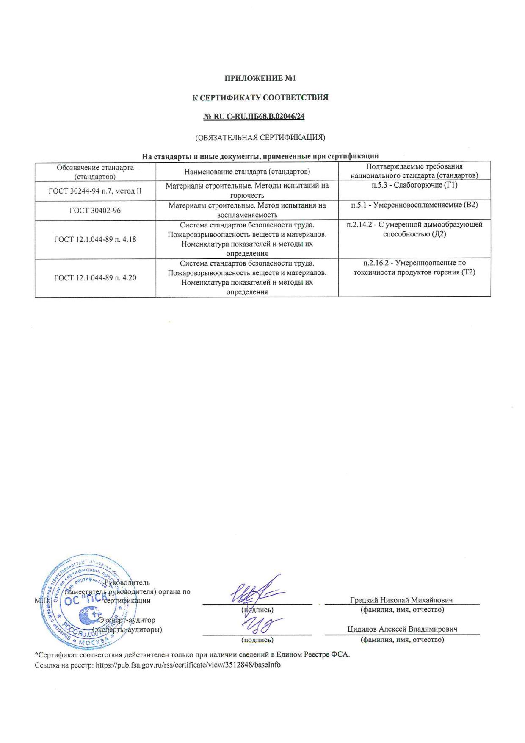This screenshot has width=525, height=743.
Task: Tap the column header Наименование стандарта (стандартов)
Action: coord(247,171)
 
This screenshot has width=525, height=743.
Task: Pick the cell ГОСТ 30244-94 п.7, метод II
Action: coord(95,191)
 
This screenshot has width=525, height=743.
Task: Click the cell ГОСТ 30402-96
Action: coord(95,210)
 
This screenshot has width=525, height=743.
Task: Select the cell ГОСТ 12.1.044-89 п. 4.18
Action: coord(95,239)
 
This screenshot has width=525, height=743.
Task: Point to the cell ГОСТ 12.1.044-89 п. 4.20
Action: coord(95,278)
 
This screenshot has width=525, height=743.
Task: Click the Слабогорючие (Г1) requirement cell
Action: coord(414,186)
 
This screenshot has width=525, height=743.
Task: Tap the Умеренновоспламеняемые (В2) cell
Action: coord(414,205)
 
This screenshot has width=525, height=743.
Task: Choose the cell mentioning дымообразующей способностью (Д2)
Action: coord(414,229)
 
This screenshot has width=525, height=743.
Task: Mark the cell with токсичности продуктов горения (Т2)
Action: coord(414,268)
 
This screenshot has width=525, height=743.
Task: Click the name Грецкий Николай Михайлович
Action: coord(401,600)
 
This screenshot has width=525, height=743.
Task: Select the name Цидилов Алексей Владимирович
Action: coord(402,629)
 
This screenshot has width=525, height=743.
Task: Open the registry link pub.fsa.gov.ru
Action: coord(188,665)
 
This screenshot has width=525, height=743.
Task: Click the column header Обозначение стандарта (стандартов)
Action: coord(95,171)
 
